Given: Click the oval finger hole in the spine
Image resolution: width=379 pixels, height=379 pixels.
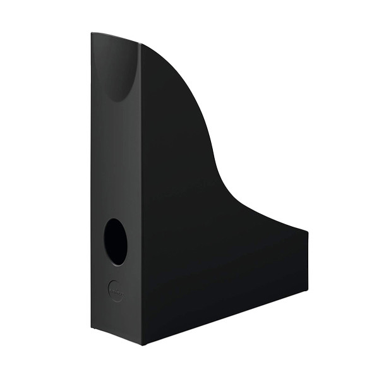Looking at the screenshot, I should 115,241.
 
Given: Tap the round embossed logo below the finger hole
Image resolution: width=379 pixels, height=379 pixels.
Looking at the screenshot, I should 116,291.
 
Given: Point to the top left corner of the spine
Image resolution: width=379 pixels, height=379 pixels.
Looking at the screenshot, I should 92,33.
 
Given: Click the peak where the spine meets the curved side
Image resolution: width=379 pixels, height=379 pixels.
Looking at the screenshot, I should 140,44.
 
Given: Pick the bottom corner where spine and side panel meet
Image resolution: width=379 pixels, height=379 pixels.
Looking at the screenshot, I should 141,344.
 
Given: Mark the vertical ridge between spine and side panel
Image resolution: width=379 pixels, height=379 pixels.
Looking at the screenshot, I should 140,189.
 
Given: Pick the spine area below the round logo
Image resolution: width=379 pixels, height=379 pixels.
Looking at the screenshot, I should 116,319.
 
